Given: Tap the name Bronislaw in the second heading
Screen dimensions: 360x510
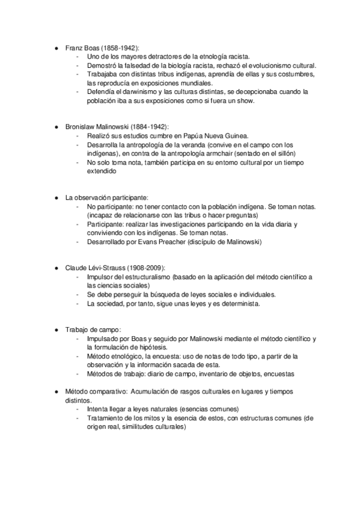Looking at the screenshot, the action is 82,127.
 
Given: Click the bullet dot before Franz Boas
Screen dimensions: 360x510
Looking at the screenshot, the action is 56,48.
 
